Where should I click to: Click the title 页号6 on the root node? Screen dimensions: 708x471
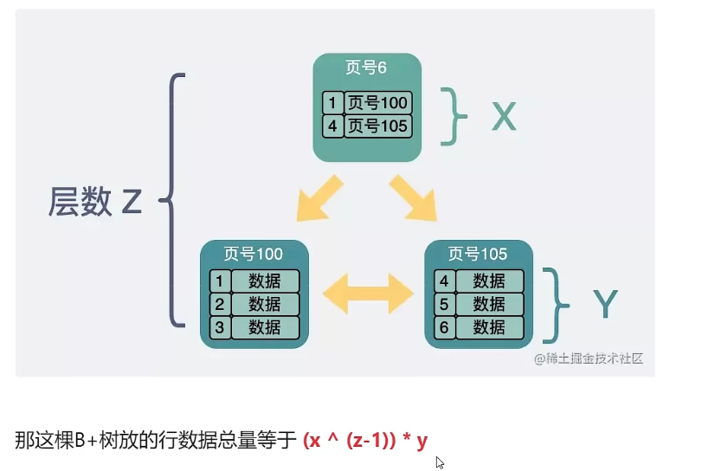(x=366, y=69)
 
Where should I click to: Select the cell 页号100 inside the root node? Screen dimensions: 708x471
(x=377, y=103)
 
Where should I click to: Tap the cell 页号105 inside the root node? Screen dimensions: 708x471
(x=377, y=126)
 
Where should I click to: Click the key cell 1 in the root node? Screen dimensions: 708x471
(x=332, y=103)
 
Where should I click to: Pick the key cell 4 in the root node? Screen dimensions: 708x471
(x=332, y=126)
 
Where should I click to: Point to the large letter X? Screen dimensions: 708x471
(x=503, y=116)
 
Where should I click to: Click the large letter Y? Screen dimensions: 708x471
(x=605, y=305)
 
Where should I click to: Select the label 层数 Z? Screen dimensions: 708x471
(x=94, y=203)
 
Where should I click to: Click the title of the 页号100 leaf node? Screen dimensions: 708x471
(x=253, y=254)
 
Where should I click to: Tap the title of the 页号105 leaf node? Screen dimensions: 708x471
(x=478, y=254)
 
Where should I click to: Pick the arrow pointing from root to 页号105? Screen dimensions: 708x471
(x=415, y=198)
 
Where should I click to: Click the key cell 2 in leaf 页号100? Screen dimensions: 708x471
(x=220, y=304)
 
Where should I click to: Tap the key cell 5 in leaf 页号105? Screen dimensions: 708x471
(x=444, y=304)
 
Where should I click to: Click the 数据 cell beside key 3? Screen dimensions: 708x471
(x=265, y=327)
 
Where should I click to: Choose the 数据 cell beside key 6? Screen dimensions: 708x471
(x=490, y=327)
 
